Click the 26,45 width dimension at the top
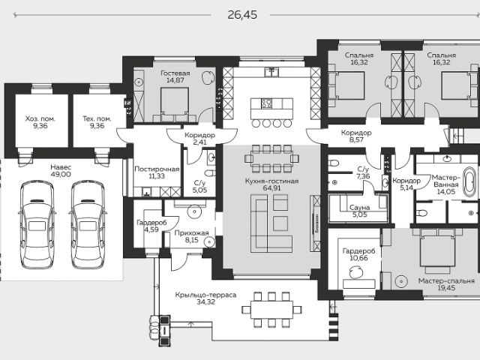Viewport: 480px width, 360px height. pos(242,15)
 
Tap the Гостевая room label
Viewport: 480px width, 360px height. pos(175,73)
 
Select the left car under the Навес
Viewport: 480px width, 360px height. pos(37,225)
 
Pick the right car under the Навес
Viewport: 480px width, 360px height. pos(88,225)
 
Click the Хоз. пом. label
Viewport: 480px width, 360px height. pos(40,118)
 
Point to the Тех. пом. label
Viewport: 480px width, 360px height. pos(97,118)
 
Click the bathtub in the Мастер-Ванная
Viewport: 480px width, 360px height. pos(469,181)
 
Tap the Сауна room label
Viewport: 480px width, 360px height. pos(359,208)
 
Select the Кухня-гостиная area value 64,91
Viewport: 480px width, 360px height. pos(271,188)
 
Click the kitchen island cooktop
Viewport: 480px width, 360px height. pos(266,103)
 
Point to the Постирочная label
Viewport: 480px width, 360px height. pos(157,169)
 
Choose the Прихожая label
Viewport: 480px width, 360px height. pos(192,233)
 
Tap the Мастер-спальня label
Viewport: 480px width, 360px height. pos(446,281)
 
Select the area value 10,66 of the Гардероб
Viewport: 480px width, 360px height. pos(358,258)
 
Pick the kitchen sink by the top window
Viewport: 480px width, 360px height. pos(271,72)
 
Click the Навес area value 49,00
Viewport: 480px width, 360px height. pos(61,175)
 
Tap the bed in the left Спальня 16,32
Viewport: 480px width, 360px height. pos(346,85)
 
